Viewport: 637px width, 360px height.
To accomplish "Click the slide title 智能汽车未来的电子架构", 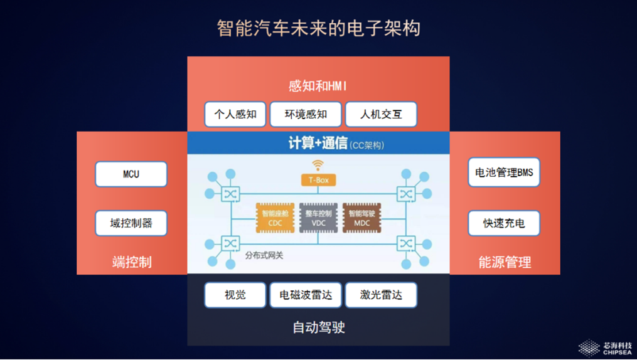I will [318, 28].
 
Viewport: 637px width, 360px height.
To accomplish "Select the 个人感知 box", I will [235, 114].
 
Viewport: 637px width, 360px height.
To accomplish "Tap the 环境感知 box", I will [306, 114].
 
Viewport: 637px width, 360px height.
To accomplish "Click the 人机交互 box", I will [381, 114].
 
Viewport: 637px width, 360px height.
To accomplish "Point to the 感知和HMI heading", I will [318, 86].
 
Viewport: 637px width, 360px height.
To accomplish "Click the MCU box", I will [131, 174].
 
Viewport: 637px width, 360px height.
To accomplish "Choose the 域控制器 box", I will [131, 223].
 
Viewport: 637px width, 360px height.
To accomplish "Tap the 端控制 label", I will [131, 262].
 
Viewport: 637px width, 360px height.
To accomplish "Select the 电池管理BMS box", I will [504, 172].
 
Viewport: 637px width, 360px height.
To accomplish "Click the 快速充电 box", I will [504, 223].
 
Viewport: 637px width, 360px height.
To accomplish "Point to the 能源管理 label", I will [505, 262].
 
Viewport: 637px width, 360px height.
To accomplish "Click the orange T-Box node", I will [318, 180].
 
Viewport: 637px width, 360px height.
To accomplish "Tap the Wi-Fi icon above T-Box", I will [318, 166].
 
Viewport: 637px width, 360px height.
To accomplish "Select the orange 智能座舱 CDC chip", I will [275, 218].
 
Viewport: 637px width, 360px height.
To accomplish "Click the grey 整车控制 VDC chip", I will [318, 218].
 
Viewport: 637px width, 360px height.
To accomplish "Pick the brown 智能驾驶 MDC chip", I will [361, 218].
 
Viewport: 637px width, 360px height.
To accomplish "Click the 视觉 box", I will [235, 295].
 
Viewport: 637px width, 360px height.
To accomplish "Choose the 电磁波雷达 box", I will [306, 295].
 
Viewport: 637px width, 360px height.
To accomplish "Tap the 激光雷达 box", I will [381, 295].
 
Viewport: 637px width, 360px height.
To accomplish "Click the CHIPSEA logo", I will [605, 348].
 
